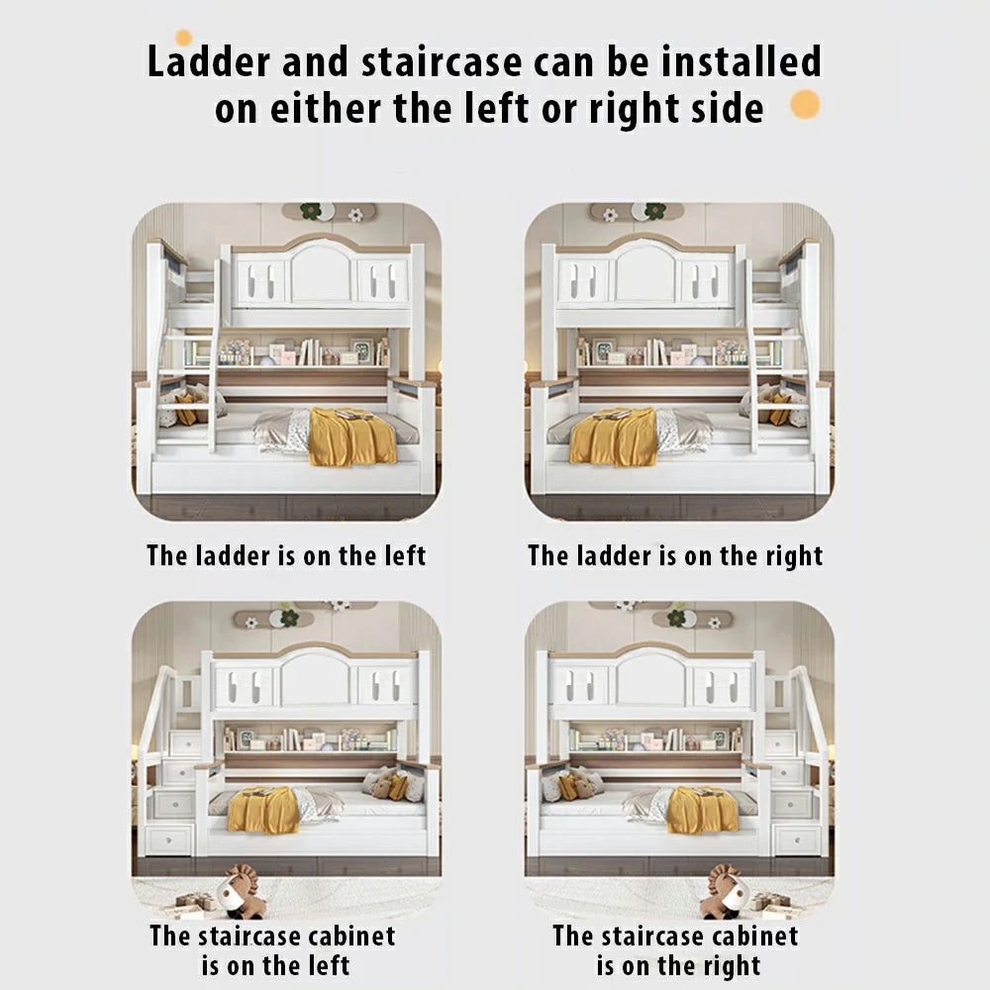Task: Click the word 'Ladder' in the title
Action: point(208,61)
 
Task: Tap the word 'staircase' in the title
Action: point(442,61)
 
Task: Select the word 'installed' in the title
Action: point(742,60)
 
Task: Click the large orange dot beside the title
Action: point(805,104)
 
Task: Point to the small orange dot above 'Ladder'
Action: point(183,38)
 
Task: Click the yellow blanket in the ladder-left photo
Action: point(351,437)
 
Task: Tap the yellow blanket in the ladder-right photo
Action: point(614,437)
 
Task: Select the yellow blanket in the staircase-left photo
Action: point(263,810)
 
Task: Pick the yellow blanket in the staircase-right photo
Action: point(703,810)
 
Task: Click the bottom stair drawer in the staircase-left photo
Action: point(168,841)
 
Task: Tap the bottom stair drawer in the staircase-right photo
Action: point(797,841)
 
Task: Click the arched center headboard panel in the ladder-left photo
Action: point(321,272)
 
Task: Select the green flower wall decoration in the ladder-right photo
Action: point(654,211)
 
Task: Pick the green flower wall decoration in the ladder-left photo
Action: point(311,211)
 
